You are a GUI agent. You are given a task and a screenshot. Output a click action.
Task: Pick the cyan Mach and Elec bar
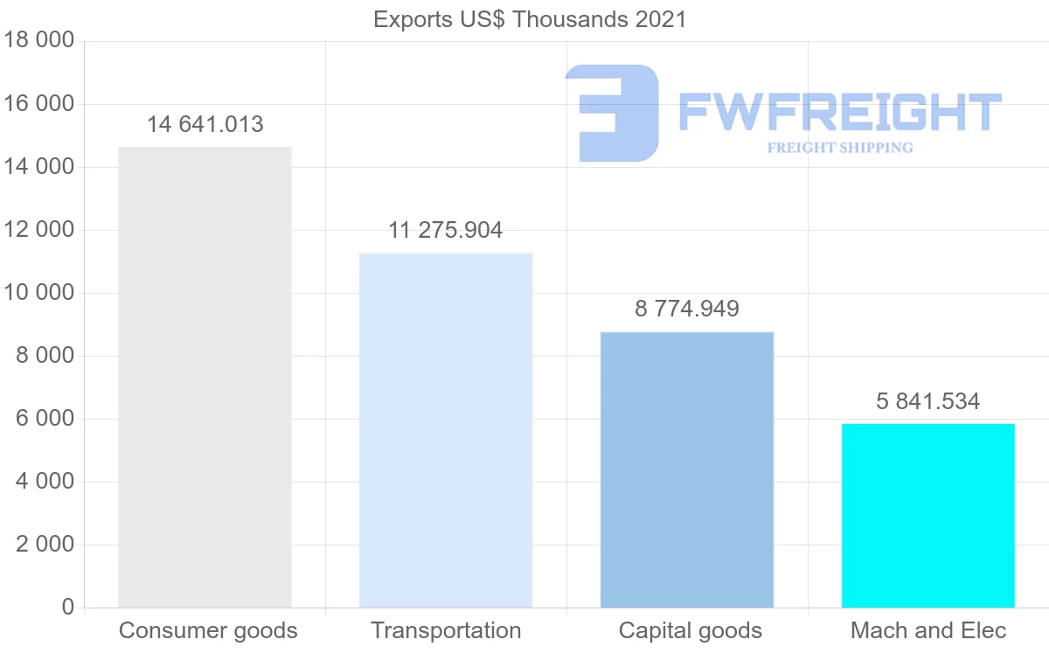(928, 516)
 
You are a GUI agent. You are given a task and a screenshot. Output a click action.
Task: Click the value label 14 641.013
(205, 125)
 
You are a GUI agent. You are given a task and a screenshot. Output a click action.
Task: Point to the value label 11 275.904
(446, 231)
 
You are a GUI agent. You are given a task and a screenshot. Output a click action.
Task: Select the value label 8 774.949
(687, 309)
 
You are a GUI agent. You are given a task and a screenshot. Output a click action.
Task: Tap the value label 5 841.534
(928, 402)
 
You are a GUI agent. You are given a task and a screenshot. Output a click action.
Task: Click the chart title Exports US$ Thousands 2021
(530, 19)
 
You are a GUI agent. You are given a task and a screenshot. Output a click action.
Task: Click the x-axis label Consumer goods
(208, 630)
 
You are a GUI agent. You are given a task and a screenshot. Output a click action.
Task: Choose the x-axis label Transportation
(446, 630)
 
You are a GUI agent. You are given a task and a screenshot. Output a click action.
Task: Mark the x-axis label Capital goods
(691, 630)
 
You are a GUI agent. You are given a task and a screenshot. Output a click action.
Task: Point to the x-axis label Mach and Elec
(928, 630)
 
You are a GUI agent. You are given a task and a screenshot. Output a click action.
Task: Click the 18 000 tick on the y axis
(38, 41)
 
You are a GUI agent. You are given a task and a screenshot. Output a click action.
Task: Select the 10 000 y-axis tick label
(38, 293)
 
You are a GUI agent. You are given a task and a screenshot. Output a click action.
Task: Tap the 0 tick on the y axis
(68, 608)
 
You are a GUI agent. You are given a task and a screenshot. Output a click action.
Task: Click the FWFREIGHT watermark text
(839, 112)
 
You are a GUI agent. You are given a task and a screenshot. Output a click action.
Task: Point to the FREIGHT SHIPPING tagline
(839, 148)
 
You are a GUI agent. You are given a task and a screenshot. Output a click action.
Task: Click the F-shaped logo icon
(611, 112)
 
